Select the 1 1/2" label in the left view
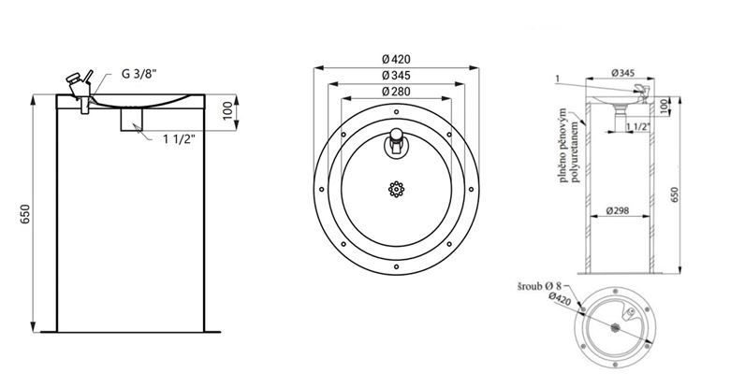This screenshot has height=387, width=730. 179,138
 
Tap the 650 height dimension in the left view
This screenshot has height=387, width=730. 25,214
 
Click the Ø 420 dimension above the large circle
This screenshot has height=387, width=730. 396,59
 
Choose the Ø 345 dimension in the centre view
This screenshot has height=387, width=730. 396,75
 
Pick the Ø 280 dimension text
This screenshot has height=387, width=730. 396,92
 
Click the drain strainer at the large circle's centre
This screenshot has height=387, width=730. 396,189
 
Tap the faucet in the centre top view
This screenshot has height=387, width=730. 396,142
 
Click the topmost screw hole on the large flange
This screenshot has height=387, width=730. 396,111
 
